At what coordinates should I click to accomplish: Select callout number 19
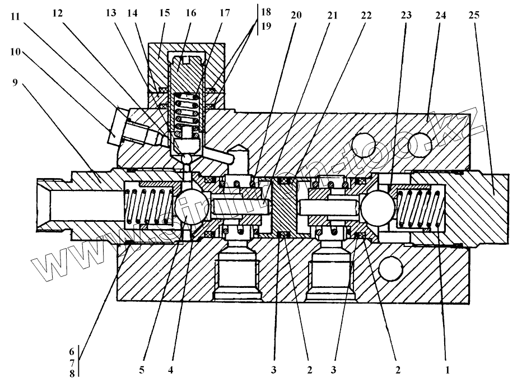point(264,26)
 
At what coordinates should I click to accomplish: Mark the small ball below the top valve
point(188,160)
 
